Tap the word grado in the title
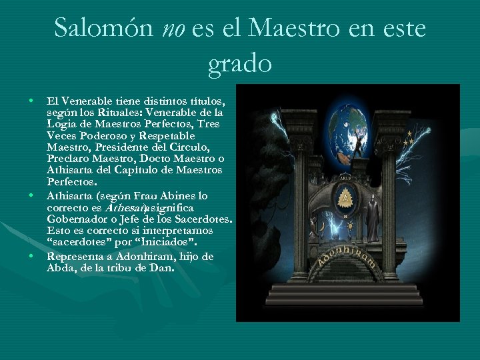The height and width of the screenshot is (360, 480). [240, 63]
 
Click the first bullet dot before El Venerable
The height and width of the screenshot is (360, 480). [31, 101]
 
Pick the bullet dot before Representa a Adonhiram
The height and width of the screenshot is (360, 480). [31, 256]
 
